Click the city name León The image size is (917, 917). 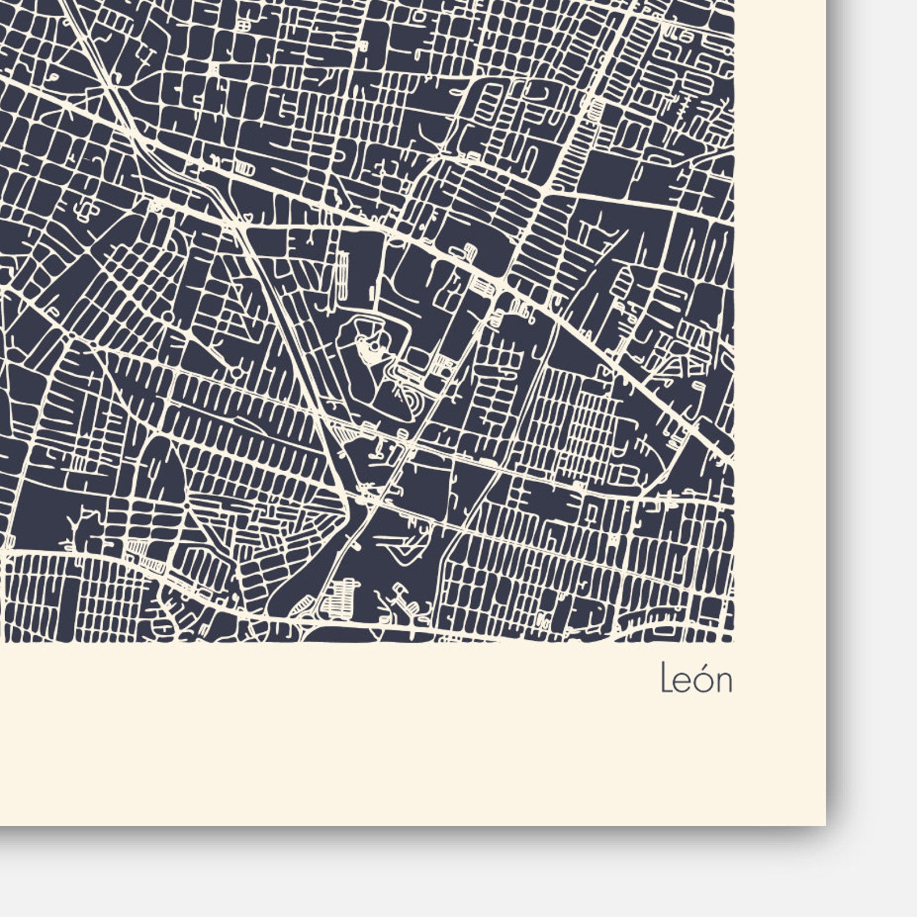click(x=696, y=679)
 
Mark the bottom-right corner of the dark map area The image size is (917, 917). click(x=733, y=641)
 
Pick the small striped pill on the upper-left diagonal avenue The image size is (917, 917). click(x=245, y=169)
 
